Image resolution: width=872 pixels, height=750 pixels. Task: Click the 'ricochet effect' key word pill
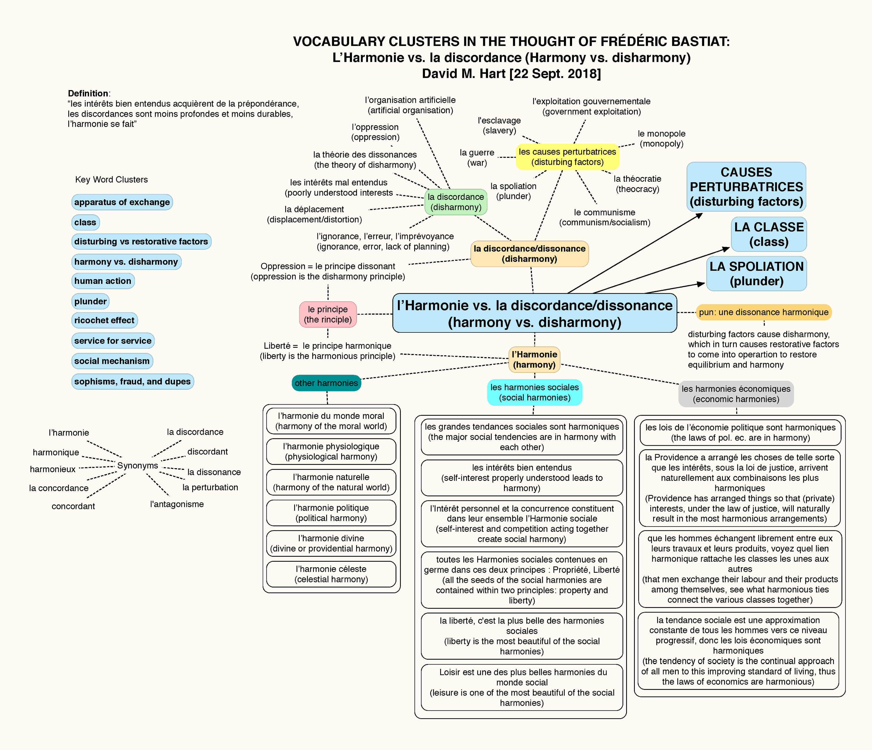104,320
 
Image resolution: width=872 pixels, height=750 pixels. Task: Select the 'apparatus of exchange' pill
122,202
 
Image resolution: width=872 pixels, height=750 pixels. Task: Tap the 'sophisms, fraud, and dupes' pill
133,382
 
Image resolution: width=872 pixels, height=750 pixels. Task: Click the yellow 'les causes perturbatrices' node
567,157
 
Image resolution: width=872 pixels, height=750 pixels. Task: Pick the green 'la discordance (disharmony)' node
456,202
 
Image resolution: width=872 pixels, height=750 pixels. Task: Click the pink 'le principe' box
328,314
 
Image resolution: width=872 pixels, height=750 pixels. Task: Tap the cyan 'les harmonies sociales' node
535,393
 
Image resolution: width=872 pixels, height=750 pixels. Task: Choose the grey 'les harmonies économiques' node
736,394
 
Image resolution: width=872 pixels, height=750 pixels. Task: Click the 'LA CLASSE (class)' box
769,234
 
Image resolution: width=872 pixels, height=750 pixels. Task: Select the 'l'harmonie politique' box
331,513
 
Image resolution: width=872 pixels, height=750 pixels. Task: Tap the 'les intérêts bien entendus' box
522,478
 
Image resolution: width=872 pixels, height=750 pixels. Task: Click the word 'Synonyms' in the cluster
137,465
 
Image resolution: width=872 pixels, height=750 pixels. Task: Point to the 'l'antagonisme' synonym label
177,504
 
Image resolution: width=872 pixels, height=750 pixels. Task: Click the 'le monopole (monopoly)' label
662,139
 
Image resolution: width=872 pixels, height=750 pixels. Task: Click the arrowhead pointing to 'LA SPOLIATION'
701,284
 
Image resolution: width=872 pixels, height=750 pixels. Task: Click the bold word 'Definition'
88,93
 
